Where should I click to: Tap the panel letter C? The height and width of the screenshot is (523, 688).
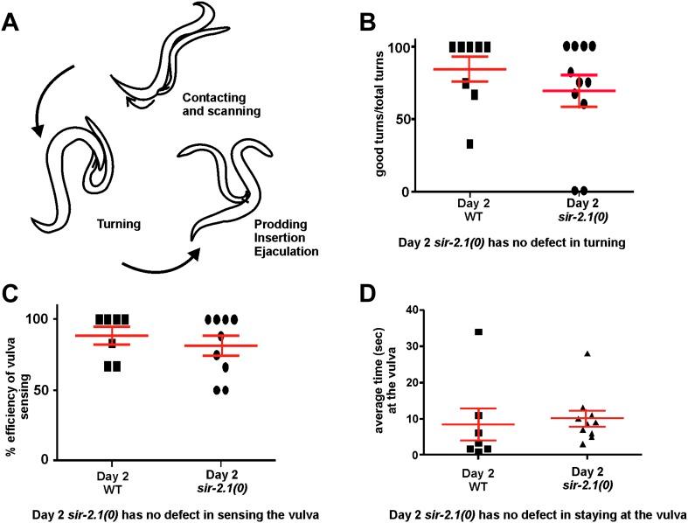click(x=15, y=294)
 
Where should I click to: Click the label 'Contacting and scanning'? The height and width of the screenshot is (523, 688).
click(x=221, y=106)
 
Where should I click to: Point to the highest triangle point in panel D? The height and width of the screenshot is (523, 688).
click(x=587, y=354)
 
